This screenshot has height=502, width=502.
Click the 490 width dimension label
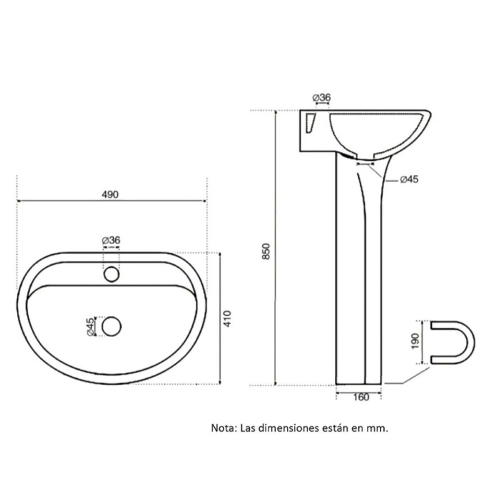[110, 194]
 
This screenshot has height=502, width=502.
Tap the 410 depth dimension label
[227, 319]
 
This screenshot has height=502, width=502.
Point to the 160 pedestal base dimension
[361, 397]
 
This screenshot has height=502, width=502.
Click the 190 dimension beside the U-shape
[415, 341]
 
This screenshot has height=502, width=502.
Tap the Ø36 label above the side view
[322, 98]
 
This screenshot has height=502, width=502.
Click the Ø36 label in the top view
[111, 240]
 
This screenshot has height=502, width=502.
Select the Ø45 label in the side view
[409, 179]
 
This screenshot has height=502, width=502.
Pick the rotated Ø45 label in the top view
[90, 327]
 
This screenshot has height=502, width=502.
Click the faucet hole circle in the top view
[111, 274]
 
